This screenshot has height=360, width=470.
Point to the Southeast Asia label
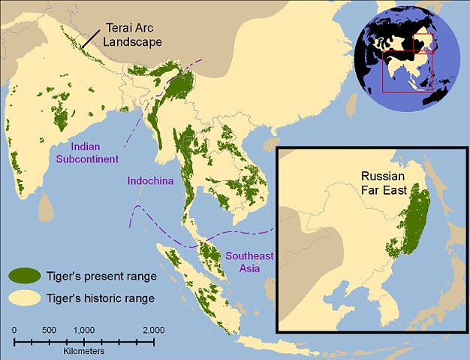point(249,262)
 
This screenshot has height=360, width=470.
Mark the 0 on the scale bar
point(14,331)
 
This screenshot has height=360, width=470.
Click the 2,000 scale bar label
point(153,331)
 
